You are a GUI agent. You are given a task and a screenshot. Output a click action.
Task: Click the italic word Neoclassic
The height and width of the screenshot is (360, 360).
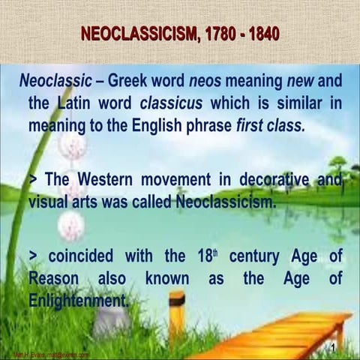(x=56, y=81)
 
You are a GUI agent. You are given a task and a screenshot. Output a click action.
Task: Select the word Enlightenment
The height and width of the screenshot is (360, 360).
(x=78, y=300)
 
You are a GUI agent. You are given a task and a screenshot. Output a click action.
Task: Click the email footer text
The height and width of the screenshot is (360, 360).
(x=52, y=355)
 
